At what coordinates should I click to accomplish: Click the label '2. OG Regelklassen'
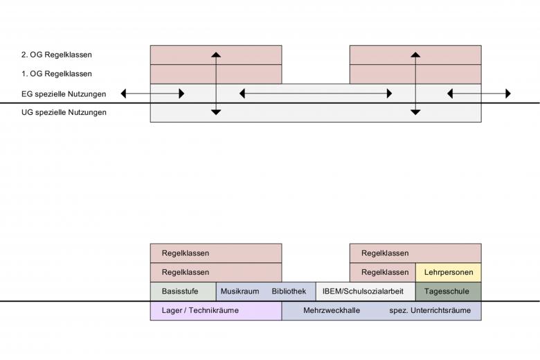point(57,55)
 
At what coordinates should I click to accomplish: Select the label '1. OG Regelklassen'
point(57,73)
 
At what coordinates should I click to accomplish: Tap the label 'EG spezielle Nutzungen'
point(64,93)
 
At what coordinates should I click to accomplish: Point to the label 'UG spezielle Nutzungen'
point(64,112)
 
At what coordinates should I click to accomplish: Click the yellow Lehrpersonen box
point(448,272)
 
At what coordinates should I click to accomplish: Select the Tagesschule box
point(448,291)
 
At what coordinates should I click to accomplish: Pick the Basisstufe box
point(183,291)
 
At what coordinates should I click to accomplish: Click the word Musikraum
point(240,291)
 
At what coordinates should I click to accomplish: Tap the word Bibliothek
point(289,291)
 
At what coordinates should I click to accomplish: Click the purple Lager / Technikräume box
point(215,311)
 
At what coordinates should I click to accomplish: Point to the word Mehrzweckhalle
point(332,311)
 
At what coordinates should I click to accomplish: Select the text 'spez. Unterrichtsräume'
point(430,311)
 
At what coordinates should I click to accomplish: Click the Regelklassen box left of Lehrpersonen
point(382,272)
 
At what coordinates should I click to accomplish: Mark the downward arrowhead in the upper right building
point(415,111)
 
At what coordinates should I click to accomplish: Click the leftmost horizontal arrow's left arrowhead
point(124,93)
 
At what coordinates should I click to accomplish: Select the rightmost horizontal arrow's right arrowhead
point(507,93)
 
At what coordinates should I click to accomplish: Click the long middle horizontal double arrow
point(316,93)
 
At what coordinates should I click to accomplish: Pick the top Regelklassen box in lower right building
point(415,253)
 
